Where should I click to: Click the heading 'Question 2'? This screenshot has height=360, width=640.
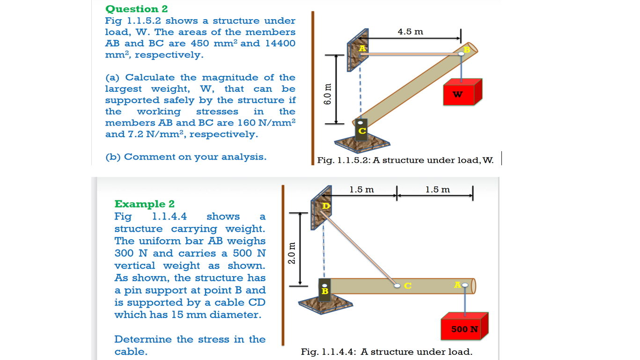click(x=136, y=9)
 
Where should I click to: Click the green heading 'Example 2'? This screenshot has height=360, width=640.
click(x=144, y=204)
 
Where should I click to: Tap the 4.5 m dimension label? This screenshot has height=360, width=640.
click(x=410, y=32)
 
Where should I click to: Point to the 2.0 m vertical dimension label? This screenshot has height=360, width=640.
click(x=291, y=253)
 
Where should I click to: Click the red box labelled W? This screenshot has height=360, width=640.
click(x=462, y=94)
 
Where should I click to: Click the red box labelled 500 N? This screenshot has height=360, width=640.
click(x=464, y=329)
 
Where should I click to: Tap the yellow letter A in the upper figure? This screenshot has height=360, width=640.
click(x=362, y=49)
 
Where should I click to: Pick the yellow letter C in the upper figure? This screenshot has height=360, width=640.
click(x=361, y=132)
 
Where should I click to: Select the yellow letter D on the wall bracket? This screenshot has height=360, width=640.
click(x=326, y=206)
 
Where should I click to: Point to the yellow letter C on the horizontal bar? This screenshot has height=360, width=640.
click(x=408, y=286)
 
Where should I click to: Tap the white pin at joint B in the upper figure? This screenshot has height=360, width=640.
click(x=461, y=54)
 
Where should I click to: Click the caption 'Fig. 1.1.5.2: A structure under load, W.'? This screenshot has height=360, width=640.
click(x=405, y=161)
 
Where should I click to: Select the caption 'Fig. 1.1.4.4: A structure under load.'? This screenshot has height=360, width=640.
click(x=386, y=352)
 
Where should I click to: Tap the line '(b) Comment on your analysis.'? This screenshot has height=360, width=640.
click(x=185, y=157)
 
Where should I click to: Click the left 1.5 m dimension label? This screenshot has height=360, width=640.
click(x=361, y=190)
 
